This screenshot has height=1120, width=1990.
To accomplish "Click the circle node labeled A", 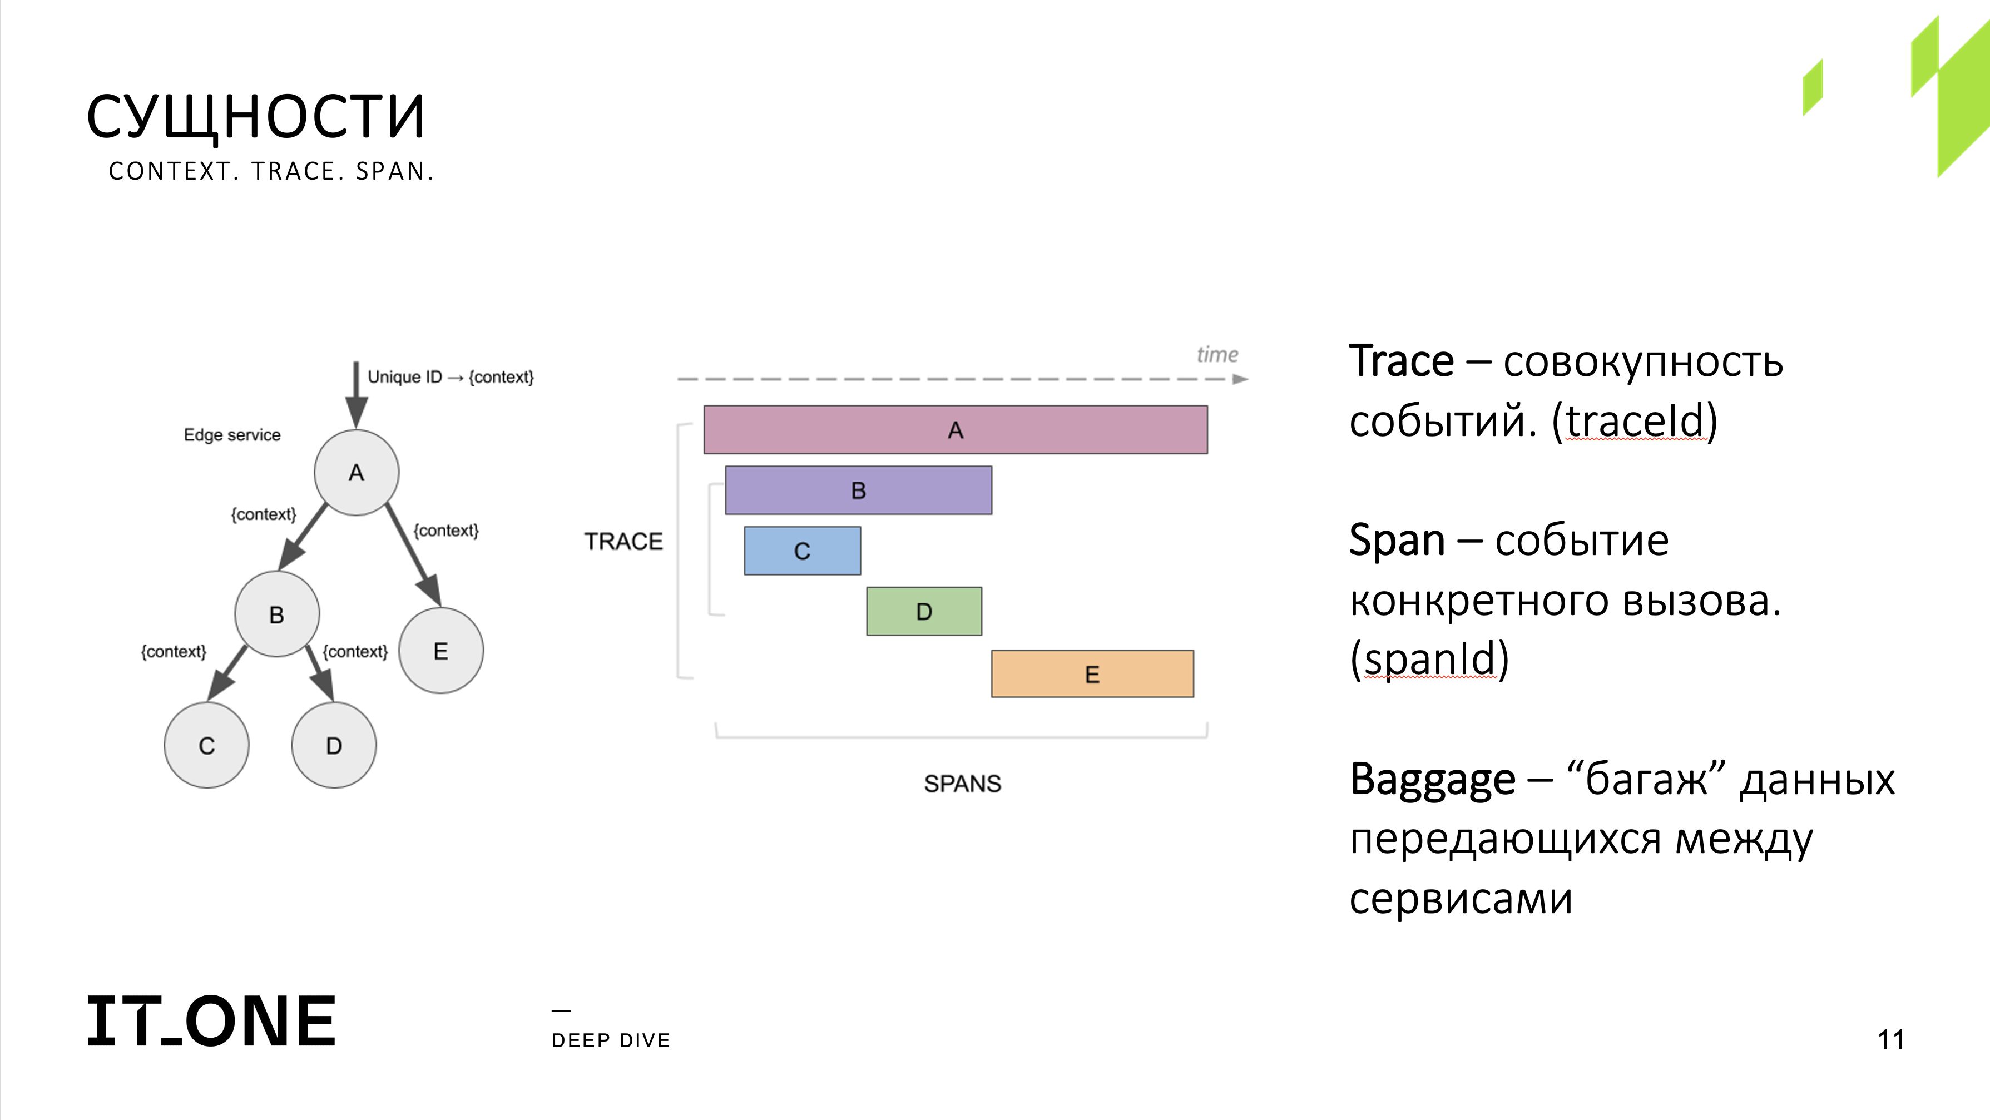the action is click(x=356, y=473).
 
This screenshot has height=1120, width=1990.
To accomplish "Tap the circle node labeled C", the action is click(x=207, y=745).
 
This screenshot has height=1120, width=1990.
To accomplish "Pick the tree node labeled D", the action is click(x=334, y=745).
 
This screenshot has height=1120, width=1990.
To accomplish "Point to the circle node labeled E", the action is click(x=441, y=651).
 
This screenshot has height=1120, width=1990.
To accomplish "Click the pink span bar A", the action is click(x=956, y=429).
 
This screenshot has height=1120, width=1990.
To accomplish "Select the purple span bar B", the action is click(x=858, y=490).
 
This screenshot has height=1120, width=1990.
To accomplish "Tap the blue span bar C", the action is click(x=803, y=551).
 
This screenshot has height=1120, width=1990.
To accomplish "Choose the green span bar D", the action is click(x=924, y=612).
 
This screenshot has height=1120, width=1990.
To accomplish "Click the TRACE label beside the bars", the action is click(x=623, y=542).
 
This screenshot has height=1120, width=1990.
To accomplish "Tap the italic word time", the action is click(x=1217, y=355).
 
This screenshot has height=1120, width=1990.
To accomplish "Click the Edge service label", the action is click(x=232, y=435).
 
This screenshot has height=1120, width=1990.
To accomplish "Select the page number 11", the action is click(x=1891, y=1040).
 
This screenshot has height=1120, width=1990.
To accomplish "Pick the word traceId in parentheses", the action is click(x=1635, y=421).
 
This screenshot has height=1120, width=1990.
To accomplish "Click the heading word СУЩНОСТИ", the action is click(x=256, y=117).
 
